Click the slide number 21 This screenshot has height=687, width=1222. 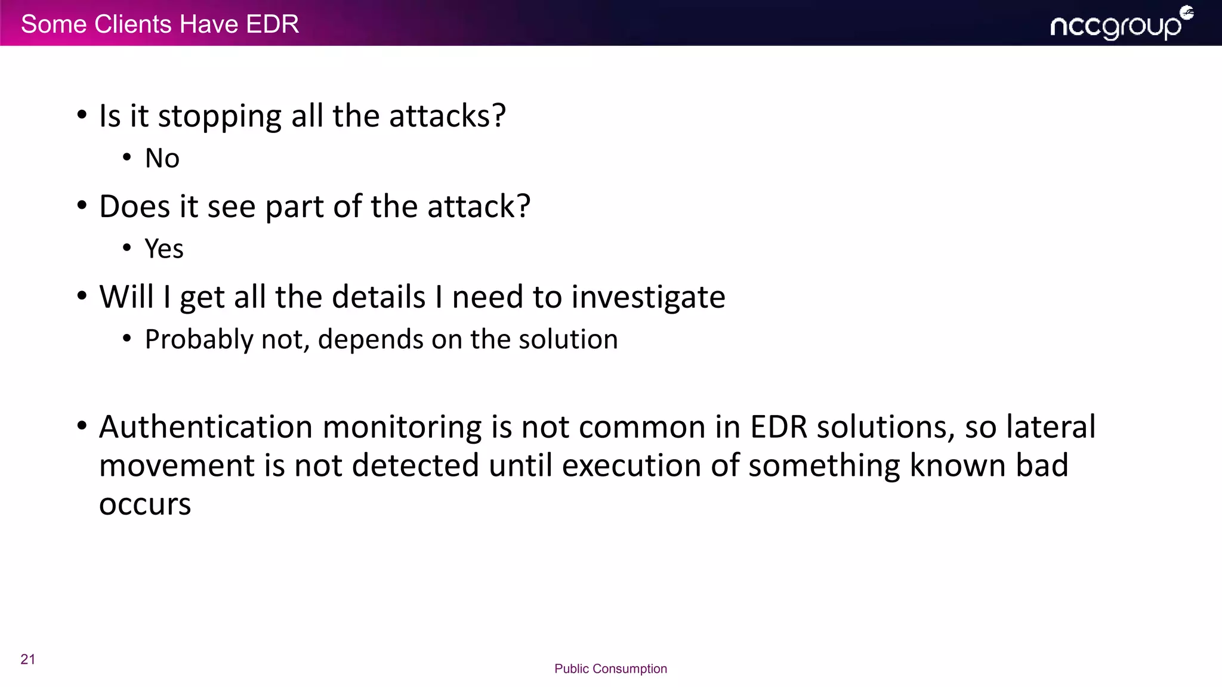pyautogui.click(x=28, y=659)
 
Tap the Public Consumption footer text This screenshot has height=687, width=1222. pyautogui.click(x=610, y=669)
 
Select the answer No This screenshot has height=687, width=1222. pyautogui.click(x=162, y=159)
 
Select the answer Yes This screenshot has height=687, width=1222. pyautogui.click(x=164, y=249)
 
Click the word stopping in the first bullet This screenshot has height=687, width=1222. pyautogui.click(x=220, y=116)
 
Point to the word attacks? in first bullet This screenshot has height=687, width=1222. pyautogui.click(x=448, y=116)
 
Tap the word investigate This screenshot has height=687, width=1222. pyautogui.click(x=648, y=297)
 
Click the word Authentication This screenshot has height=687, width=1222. pyautogui.click(x=206, y=427)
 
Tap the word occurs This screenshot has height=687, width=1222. pyautogui.click(x=145, y=505)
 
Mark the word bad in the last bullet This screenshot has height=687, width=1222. pyautogui.click(x=1042, y=466)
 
